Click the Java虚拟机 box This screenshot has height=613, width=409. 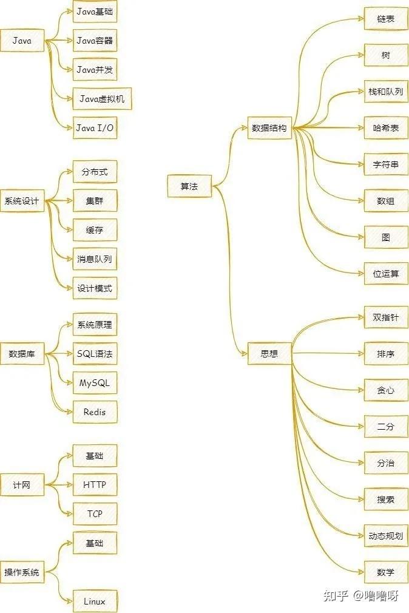[x=102, y=99]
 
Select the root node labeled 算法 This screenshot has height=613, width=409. [x=189, y=186]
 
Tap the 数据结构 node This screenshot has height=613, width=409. [x=269, y=128]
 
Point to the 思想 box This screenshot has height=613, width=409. [x=269, y=354]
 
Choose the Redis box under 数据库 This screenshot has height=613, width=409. [x=95, y=412]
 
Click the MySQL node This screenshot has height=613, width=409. [x=95, y=383]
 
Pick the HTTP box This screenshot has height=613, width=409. [x=95, y=485]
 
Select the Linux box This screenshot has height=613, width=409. [x=95, y=601]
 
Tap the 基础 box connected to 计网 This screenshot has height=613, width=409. [x=95, y=456]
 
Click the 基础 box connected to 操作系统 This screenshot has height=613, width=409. [x=95, y=543]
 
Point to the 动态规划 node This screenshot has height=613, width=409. [x=386, y=536]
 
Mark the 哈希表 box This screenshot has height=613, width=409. [x=386, y=128]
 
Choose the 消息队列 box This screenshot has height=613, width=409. [x=95, y=259]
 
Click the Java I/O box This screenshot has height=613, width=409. [x=95, y=128]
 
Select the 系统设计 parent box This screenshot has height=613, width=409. [x=22, y=201]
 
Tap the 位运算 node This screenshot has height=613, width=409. [x=386, y=274]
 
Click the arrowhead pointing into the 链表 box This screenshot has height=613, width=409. [x=361, y=18]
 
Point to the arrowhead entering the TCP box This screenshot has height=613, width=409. [x=70, y=513]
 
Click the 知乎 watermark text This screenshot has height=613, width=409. [x=336, y=595]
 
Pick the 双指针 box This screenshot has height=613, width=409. [x=386, y=317]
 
